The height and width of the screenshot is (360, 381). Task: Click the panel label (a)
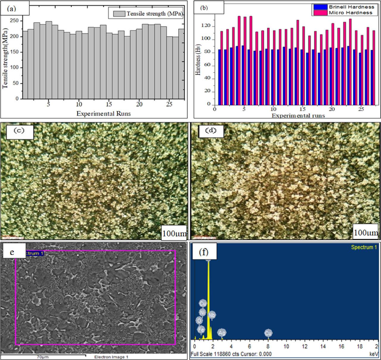pyautogui.click(x=13, y=9)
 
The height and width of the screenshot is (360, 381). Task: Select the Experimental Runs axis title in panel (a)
pyautogui.click(x=103, y=113)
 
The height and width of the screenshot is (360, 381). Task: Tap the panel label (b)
pyautogui.click(x=204, y=8)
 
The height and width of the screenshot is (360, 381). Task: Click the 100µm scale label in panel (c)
pyautogui.click(x=174, y=233)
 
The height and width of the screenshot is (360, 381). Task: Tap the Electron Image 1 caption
pyautogui.click(x=111, y=357)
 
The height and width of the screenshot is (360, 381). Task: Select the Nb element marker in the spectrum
pyautogui.click(x=212, y=315)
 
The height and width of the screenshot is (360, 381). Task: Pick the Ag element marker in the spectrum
pyautogui.click(x=222, y=333)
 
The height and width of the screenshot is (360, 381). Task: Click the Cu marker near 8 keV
pyautogui.click(x=268, y=333)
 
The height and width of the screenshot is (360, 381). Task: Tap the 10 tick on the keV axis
pyautogui.click(x=286, y=346)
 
